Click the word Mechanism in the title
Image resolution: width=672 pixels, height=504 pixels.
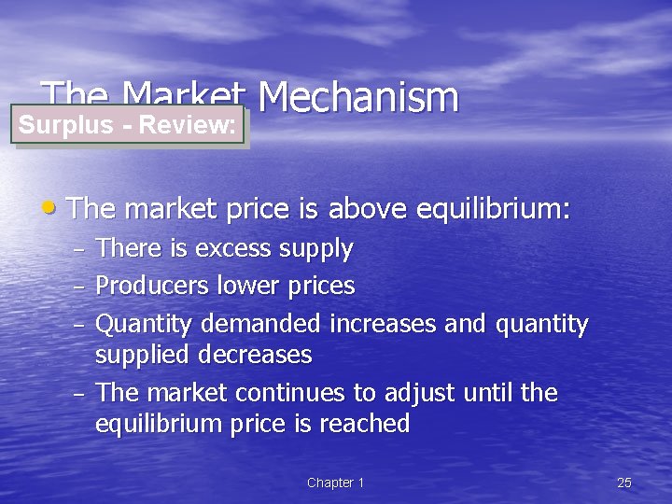[x=358, y=98]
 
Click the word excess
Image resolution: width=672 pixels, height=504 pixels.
[x=218, y=249]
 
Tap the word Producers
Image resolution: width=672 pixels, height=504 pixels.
[x=152, y=286]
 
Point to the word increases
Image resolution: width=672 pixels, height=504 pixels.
[x=379, y=325]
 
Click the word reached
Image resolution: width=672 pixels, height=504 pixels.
[x=364, y=424]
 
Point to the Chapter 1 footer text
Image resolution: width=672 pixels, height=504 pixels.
[x=335, y=483]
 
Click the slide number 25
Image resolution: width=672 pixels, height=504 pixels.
[x=624, y=483]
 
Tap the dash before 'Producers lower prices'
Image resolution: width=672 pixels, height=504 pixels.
[x=79, y=287]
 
